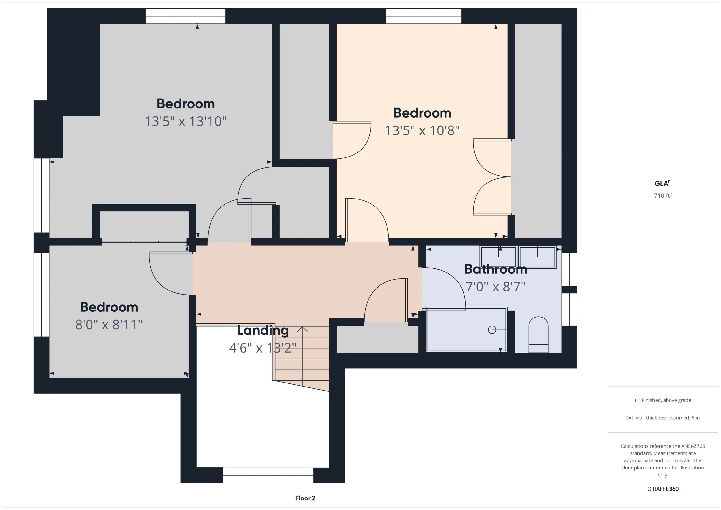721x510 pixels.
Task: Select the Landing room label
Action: tap(263, 330)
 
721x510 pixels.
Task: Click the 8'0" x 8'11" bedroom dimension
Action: tap(109, 325)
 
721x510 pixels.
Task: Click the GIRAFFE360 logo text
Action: tap(663, 489)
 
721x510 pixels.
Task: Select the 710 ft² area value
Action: tap(663, 195)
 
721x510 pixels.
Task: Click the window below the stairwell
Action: tap(268, 475)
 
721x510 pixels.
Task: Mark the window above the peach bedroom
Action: tap(424, 16)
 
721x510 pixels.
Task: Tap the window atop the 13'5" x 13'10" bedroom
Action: tap(185, 16)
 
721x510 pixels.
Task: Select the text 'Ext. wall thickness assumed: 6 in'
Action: tap(663, 418)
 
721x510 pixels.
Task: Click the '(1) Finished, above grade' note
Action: tap(663, 400)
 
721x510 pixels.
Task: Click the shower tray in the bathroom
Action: tap(467, 330)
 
